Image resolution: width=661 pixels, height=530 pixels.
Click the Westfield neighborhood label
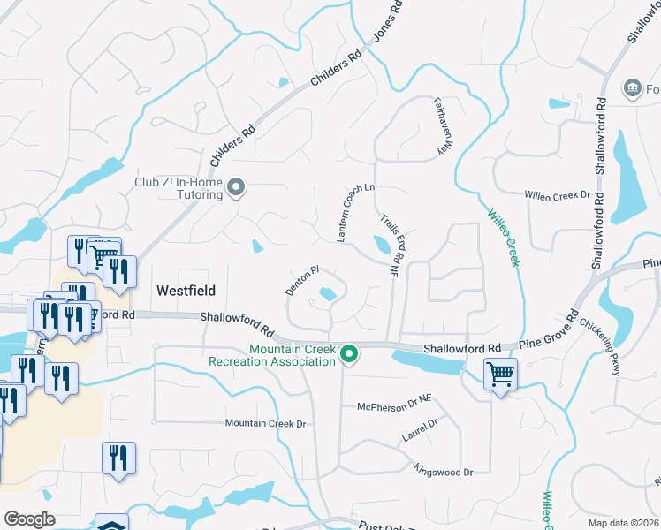[186, 290]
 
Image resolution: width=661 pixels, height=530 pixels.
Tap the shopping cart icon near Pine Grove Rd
[500, 374]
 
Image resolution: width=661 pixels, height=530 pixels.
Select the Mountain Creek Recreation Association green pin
[350, 355]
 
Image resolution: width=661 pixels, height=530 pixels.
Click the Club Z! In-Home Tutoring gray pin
[236, 187]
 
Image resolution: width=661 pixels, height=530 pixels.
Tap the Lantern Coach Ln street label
[357, 212]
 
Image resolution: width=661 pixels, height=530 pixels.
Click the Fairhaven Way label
[438, 126]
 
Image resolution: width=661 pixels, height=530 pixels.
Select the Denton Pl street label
[301, 280]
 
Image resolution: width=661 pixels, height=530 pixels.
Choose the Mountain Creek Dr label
[265, 424]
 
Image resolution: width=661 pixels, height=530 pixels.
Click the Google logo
[30, 519]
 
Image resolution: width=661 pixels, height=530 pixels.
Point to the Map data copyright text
[624, 523]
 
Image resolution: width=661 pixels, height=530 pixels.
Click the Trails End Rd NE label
[391, 246]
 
